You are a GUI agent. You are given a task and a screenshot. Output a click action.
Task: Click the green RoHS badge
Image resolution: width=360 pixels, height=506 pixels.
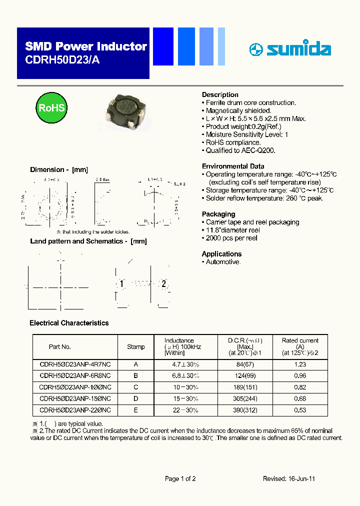(51, 108)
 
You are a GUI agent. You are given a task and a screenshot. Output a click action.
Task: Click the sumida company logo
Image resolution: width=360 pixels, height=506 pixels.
(290, 49)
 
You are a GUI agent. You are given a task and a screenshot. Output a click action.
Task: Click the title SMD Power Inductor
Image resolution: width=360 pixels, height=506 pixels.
(86, 46)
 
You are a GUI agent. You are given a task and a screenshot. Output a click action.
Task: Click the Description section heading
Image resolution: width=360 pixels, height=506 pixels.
(220, 94)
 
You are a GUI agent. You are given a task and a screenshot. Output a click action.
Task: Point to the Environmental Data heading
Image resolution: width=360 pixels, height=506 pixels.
(233, 166)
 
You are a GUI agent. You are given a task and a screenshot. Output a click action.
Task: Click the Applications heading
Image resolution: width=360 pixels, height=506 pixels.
(221, 253)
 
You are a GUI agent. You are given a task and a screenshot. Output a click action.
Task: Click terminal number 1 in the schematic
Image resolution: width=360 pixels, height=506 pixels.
(121, 284)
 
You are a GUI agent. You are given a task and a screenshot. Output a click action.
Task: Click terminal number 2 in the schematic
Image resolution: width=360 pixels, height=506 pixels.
(163, 284)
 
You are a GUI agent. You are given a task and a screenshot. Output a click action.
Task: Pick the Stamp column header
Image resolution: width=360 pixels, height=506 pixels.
(136, 346)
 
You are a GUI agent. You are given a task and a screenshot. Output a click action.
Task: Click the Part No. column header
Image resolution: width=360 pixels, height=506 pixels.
(60, 346)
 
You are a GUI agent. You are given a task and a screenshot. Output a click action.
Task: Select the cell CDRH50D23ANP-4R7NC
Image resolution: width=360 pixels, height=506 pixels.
(75, 364)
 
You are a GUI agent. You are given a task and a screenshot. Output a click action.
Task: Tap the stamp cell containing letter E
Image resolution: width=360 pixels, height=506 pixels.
(136, 409)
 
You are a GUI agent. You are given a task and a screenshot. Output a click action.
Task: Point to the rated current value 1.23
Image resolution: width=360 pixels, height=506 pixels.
(300, 364)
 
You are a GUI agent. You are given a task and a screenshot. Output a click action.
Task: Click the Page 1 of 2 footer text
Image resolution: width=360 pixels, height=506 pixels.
(180, 478)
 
